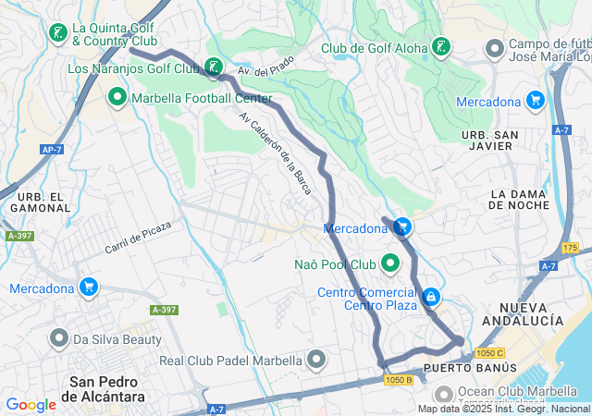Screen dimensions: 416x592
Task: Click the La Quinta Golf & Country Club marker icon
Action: (57, 34)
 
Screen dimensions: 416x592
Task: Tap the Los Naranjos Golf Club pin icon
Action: (214, 67)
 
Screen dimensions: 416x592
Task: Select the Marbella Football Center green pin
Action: (117, 96)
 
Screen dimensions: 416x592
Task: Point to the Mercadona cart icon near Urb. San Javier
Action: (535, 100)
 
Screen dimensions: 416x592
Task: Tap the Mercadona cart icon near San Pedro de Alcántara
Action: (89, 288)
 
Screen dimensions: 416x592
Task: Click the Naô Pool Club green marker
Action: (390, 264)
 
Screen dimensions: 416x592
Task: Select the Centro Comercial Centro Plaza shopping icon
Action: (430, 297)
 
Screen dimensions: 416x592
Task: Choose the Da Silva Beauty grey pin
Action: (57, 339)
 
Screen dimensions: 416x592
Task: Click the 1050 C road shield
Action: (490, 353)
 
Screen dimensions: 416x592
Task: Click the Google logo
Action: (31, 404)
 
